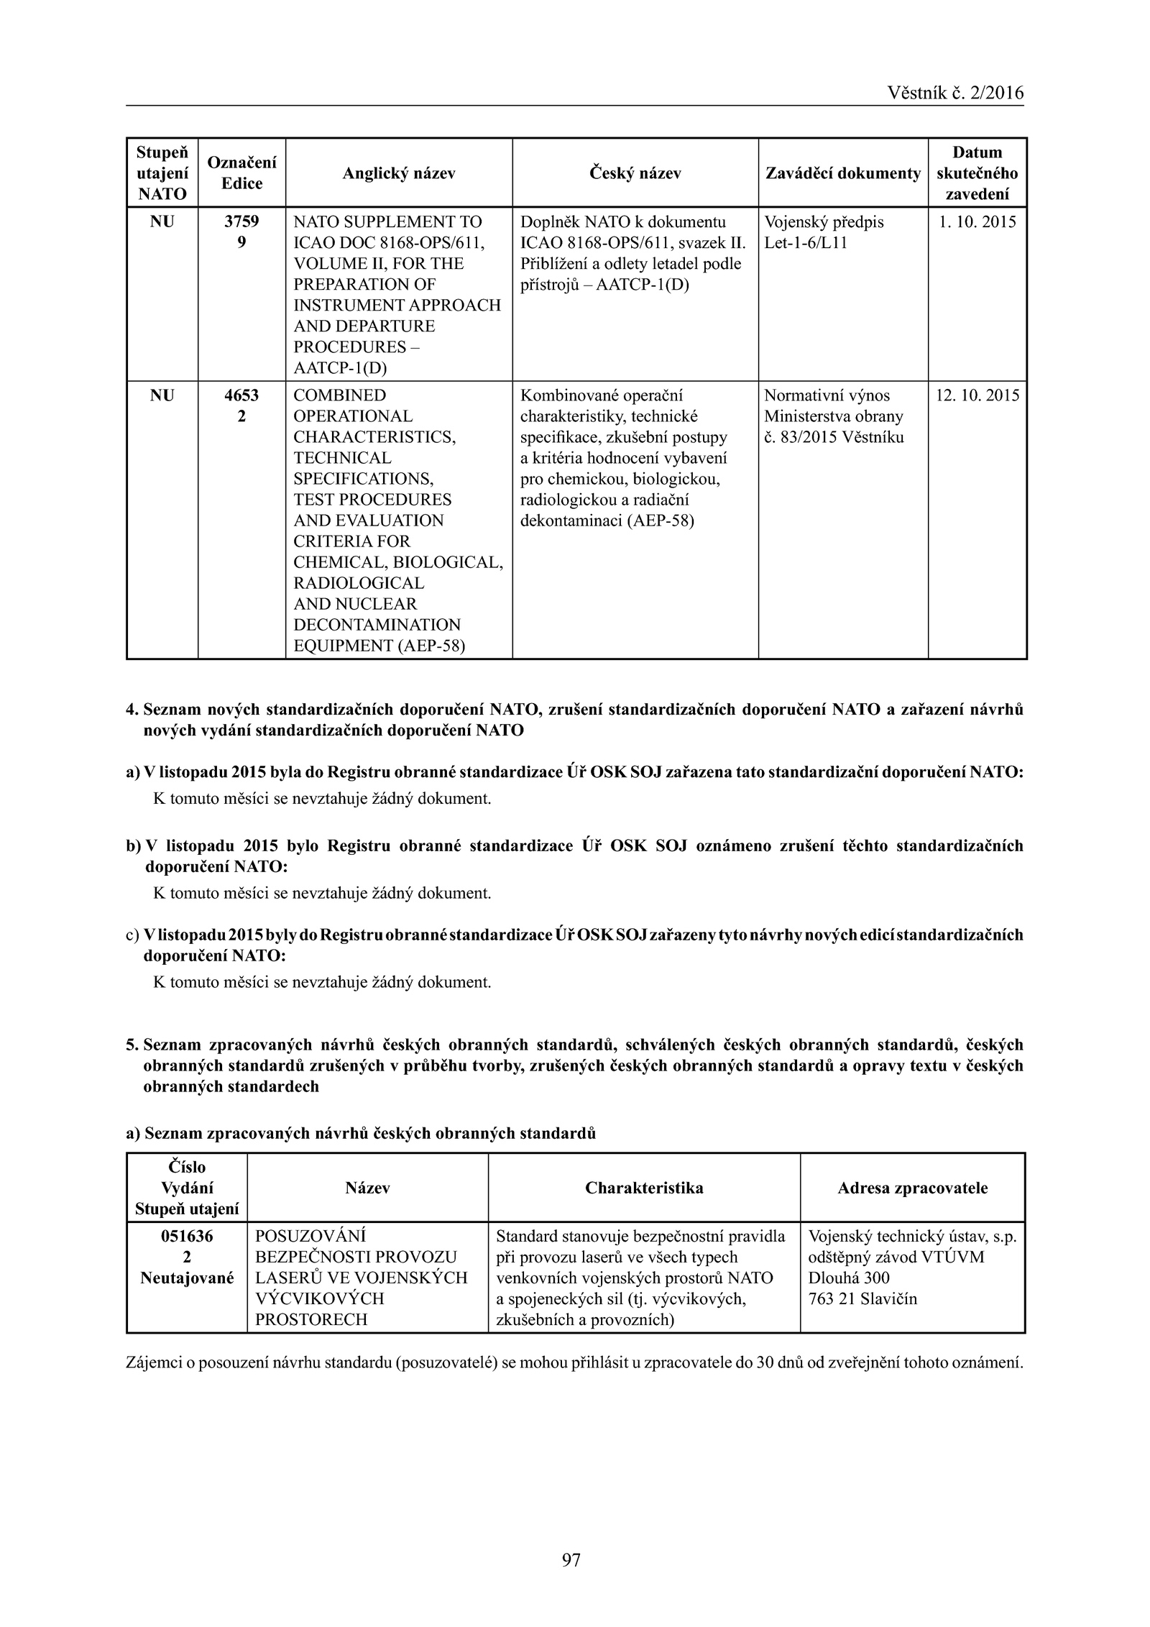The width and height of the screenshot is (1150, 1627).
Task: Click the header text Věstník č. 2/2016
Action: (x=955, y=93)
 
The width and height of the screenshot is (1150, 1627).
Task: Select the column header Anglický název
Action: (x=398, y=173)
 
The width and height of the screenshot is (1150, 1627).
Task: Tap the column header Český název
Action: (x=635, y=173)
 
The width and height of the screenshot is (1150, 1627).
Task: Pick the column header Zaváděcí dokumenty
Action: (x=842, y=173)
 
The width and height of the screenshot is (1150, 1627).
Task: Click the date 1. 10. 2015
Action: (x=977, y=222)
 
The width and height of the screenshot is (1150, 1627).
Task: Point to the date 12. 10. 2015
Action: (x=977, y=396)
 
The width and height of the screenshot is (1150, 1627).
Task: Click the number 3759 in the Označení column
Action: (x=241, y=222)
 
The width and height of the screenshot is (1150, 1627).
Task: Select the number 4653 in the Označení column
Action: (x=241, y=396)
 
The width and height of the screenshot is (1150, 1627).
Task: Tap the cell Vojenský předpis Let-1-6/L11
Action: (x=824, y=232)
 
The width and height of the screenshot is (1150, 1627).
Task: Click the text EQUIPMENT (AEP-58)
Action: (x=379, y=646)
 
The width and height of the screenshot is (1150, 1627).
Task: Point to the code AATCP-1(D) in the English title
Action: (x=340, y=368)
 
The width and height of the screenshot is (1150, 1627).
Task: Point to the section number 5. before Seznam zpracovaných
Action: (x=132, y=1045)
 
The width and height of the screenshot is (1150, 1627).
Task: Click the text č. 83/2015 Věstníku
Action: (x=834, y=437)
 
